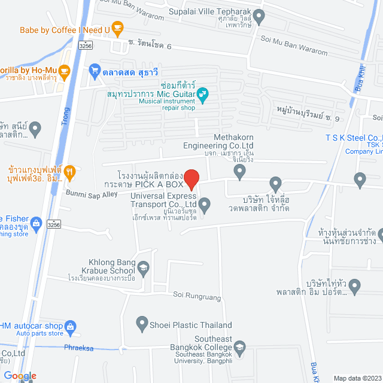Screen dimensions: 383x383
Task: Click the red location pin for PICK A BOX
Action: [x=191, y=179]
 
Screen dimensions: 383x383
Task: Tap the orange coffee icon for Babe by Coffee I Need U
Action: [x=118, y=28]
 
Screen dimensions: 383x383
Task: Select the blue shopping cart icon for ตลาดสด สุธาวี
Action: [x=95, y=71]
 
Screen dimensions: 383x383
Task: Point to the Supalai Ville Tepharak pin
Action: [x=259, y=17]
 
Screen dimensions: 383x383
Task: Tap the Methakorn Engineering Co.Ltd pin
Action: [x=240, y=173]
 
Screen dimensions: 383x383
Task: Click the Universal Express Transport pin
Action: [x=205, y=206]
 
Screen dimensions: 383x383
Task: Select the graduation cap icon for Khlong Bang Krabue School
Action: [x=143, y=267]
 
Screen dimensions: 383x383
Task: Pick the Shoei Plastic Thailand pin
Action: [x=142, y=324]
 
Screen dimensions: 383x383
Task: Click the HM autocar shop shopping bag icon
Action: [x=71, y=327]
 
